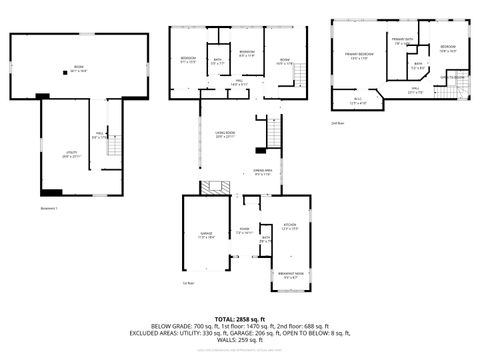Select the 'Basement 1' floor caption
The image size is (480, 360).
click(x=22, y=208)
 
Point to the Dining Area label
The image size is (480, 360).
click(x=264, y=174)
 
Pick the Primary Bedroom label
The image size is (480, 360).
click(x=360, y=54)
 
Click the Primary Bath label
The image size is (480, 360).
click(x=402, y=42)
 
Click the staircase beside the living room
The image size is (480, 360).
click(x=268, y=131)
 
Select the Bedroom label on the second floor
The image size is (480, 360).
click(x=448, y=48)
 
